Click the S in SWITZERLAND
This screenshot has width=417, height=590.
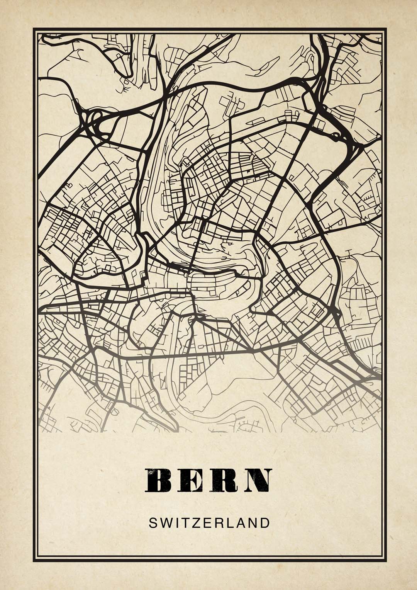tap(153, 523)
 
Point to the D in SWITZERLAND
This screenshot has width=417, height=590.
tap(264, 523)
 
